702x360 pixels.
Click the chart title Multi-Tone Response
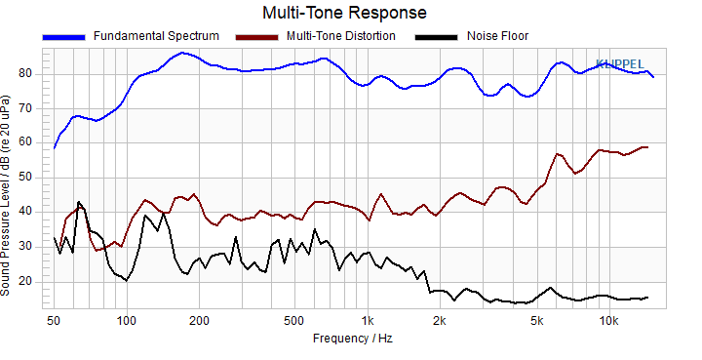click(x=344, y=13)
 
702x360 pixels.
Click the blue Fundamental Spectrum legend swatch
click(x=63, y=37)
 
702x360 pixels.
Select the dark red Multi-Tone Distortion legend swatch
click(x=257, y=37)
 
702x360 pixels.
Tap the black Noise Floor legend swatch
click(x=437, y=37)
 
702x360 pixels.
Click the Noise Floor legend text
click(x=498, y=36)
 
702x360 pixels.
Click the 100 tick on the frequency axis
click(x=127, y=321)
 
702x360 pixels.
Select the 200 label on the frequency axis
click(x=199, y=321)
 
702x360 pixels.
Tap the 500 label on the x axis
click(x=294, y=321)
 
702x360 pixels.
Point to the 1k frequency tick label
click(x=368, y=321)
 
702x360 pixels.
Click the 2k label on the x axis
click(x=440, y=321)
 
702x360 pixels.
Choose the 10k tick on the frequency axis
click(x=608, y=321)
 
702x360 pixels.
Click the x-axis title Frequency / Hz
click(x=353, y=339)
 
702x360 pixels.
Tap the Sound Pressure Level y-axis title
click(x=5, y=195)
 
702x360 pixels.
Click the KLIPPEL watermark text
click(x=620, y=64)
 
